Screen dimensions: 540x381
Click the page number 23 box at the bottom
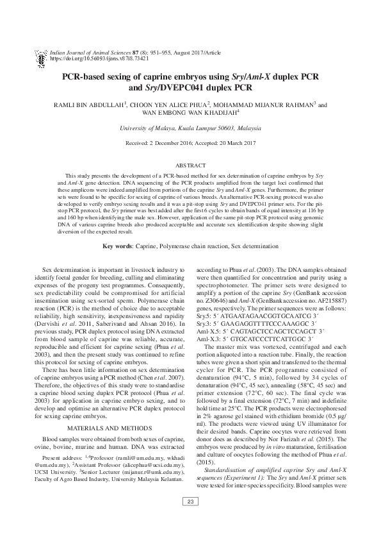pos(190,519)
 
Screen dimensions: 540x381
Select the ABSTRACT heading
pos(190,164)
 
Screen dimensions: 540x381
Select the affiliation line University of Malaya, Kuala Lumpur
pos(190,128)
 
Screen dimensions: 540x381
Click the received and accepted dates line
pos(190,143)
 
